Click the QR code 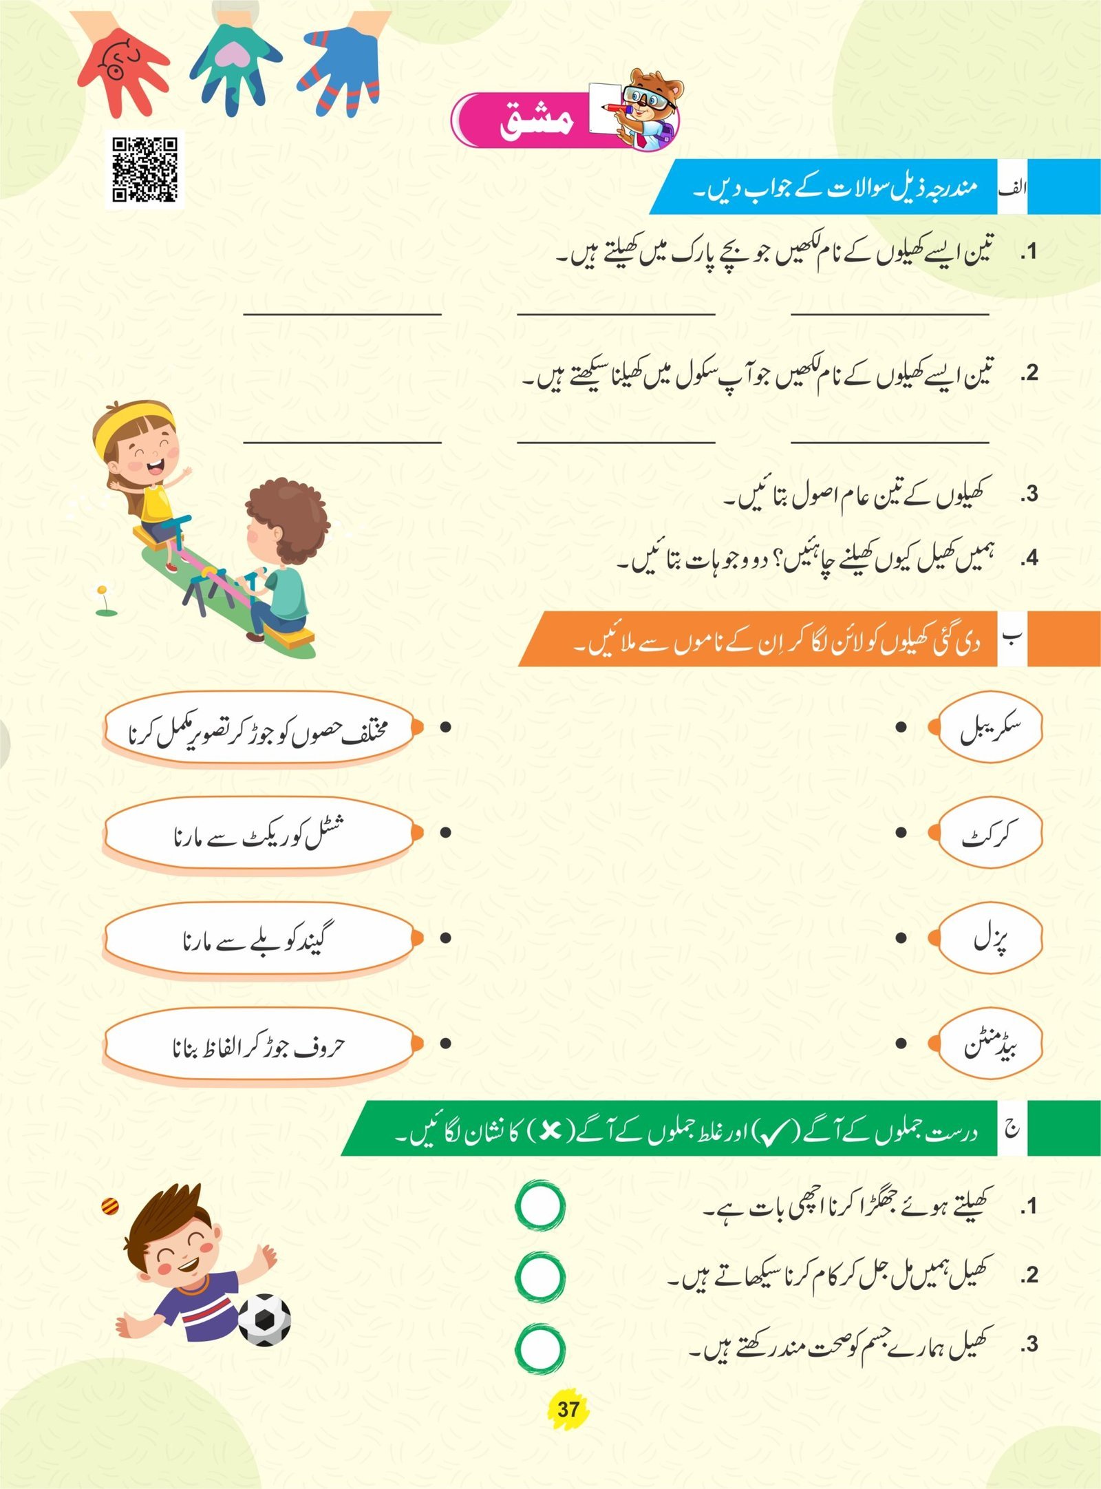[145, 169]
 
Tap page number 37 [568, 1408]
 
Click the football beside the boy [264, 1320]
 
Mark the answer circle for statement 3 [540, 1349]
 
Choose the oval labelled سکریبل [990, 727]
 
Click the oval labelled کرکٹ [990, 833]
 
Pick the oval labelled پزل [990, 938]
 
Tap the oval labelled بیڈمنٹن [990, 1044]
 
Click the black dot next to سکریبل [901, 727]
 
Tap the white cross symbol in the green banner [550, 1131]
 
